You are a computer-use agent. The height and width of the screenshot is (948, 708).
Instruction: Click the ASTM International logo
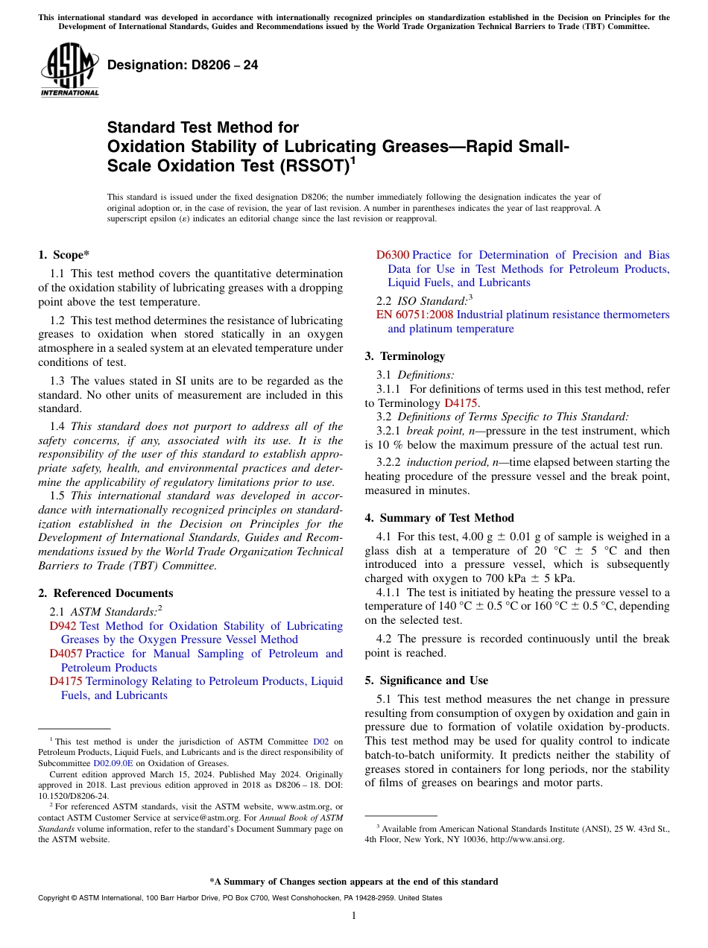pos(69,70)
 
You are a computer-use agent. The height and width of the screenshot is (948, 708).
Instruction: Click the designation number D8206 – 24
pos(183,65)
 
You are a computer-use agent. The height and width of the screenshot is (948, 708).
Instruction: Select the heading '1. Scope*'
pos(63,254)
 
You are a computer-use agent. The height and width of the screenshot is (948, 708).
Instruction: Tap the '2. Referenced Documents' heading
pos(105,593)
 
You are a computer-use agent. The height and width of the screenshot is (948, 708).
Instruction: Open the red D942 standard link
pos(63,626)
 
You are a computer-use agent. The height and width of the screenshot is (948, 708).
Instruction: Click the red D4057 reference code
pos(66,654)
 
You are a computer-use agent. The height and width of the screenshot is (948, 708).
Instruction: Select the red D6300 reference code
pos(393,255)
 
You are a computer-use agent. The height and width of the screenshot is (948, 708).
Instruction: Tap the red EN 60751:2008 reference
pos(415,315)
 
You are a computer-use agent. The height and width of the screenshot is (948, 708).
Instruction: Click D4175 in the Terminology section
pos(456,403)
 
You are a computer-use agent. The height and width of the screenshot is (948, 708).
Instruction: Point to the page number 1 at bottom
pos(354,915)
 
